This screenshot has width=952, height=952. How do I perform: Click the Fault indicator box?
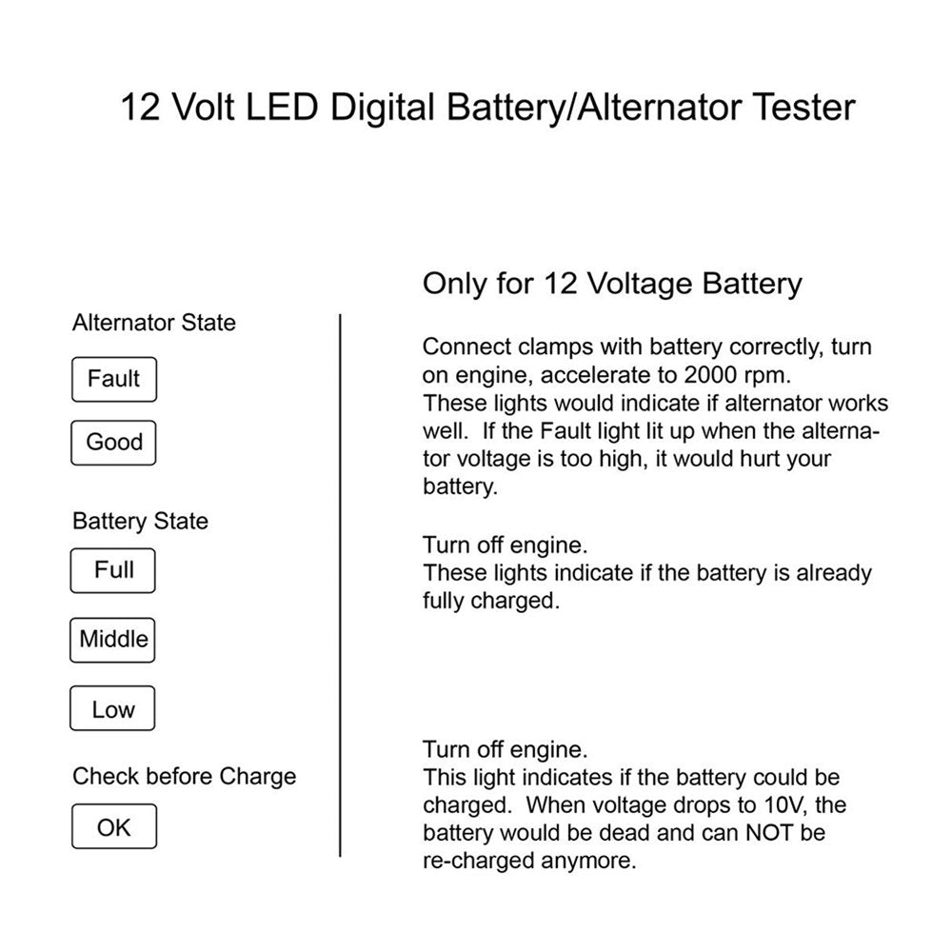tap(113, 379)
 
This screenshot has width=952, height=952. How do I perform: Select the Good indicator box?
tap(113, 443)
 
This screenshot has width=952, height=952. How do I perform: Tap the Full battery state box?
tap(113, 570)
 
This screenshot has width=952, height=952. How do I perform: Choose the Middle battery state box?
tap(113, 639)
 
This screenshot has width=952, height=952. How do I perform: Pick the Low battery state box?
tap(113, 709)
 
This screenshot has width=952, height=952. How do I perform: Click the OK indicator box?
tap(113, 827)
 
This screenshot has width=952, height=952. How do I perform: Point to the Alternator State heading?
tap(153, 323)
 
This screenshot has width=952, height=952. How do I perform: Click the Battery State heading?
tap(140, 522)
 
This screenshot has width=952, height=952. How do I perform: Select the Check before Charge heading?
tap(184, 776)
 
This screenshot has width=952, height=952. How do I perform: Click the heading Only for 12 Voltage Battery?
tap(612, 284)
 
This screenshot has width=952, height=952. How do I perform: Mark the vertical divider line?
tap(341, 585)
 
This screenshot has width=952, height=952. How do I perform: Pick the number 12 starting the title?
tap(140, 107)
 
